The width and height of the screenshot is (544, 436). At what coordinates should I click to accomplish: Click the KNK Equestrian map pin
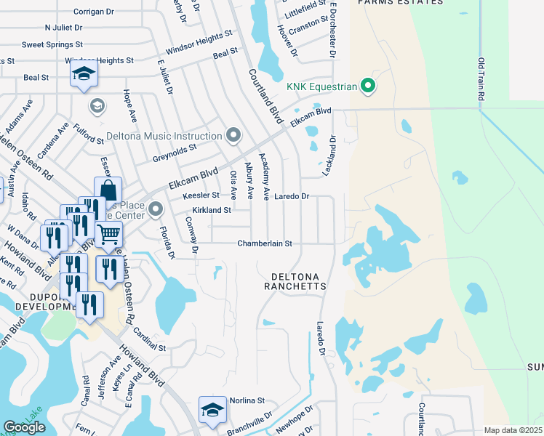368,86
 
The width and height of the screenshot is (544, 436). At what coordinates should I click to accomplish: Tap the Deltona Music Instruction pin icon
233,136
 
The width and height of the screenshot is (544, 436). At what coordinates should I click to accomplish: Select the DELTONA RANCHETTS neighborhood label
298,281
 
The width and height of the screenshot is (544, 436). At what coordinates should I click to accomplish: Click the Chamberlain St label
265,243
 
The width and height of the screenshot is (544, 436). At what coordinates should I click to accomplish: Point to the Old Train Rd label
481,81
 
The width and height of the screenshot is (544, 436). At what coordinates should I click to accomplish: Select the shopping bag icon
108,191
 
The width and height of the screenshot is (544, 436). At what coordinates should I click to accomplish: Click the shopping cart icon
108,235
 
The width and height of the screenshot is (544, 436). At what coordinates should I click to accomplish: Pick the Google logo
25,427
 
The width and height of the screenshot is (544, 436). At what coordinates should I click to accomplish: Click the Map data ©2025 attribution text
513,430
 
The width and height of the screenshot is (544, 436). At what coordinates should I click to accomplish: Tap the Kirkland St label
211,210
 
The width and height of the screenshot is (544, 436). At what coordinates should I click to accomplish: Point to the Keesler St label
201,195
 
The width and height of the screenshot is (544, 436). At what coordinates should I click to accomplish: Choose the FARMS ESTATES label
400,3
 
